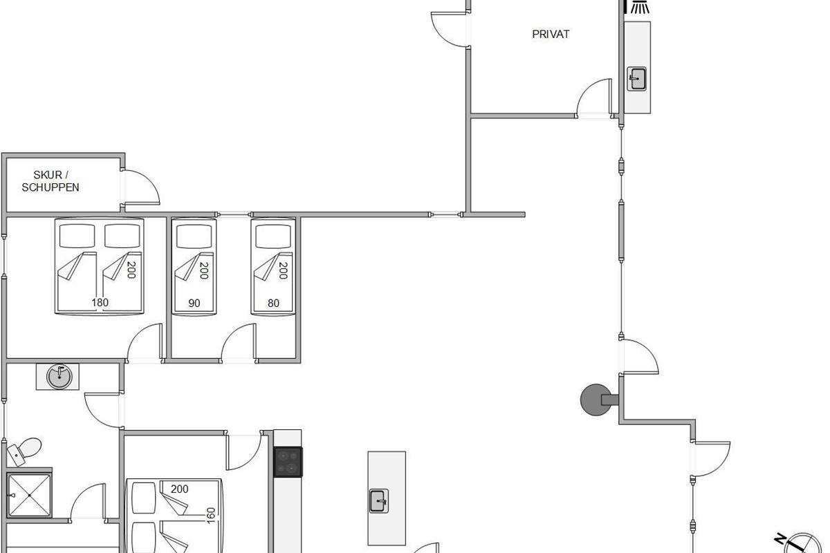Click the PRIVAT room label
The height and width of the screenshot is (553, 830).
coord(551,34)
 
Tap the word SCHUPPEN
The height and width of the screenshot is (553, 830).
coord(50,187)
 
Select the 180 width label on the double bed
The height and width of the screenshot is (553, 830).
coord(100,303)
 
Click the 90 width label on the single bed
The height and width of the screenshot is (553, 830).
coord(194,303)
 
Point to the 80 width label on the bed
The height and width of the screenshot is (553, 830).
coord(273,303)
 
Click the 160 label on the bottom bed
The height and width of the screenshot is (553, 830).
coord(210,516)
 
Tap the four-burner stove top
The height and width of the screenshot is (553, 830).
coord(288,462)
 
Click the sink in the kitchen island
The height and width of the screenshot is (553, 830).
coord(379,501)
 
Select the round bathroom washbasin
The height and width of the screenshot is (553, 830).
coord(59,377)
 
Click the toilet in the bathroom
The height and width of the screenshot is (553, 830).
coord(24,451)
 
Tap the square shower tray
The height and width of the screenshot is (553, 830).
coord(29,495)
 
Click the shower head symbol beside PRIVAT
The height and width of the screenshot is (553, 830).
coord(640,7)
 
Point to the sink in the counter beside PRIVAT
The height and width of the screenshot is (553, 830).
coord(636,79)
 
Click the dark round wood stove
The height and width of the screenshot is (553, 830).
coord(596,400)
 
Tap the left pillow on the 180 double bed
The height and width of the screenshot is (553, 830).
coord(77,236)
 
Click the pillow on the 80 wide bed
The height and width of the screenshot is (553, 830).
coord(273,236)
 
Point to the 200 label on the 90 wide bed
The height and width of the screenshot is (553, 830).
coord(204,270)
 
